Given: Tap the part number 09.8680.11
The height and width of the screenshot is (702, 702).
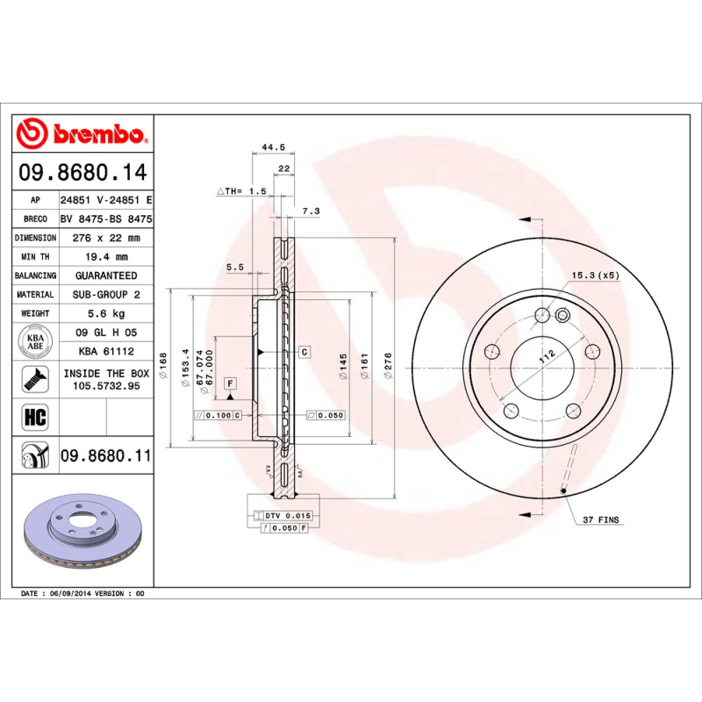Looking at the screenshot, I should [105, 455].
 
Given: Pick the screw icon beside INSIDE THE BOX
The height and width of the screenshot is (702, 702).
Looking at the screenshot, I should [36, 379].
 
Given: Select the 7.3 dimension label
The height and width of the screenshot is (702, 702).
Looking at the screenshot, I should [311, 211].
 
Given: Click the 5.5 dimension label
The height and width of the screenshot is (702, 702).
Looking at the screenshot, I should [234, 267].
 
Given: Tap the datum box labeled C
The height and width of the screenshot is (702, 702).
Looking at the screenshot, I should [304, 352].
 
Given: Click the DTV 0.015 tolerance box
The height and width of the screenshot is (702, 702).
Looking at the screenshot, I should [288, 515].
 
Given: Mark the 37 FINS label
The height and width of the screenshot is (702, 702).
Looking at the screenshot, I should [601, 520].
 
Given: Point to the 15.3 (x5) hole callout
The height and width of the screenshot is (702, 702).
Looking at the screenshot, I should [595, 276].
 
